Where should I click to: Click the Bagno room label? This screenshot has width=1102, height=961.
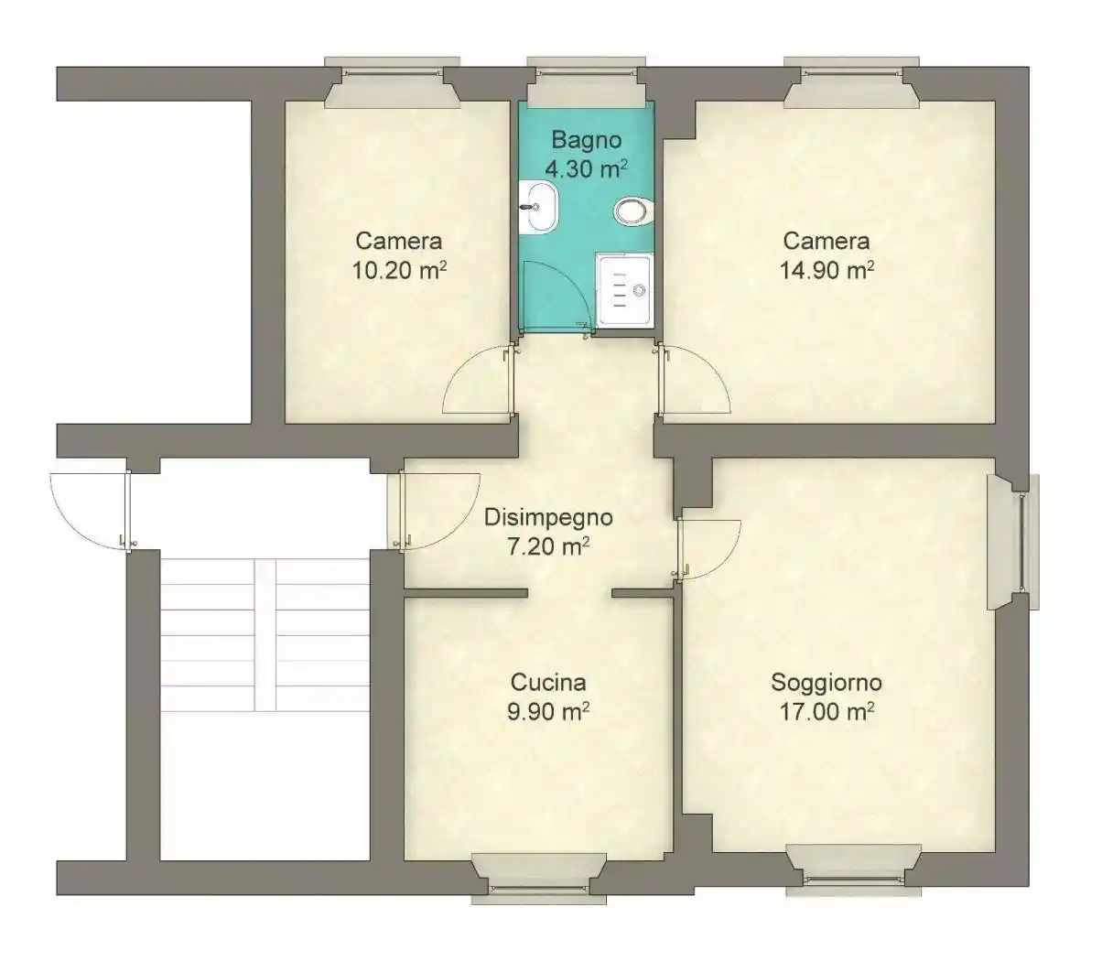click(x=586, y=140)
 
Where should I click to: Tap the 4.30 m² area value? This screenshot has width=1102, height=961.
click(x=586, y=169)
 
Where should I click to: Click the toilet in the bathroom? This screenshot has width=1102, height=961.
click(x=634, y=211)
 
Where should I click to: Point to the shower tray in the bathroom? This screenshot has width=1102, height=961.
click(x=625, y=290)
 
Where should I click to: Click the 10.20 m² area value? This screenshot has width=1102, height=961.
click(x=399, y=270)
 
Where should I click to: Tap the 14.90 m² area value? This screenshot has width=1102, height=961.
click(x=826, y=270)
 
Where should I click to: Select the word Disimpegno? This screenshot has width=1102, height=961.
click(x=548, y=518)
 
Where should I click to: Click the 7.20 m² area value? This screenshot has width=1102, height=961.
click(x=548, y=547)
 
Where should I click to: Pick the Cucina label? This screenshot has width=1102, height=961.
click(x=548, y=683)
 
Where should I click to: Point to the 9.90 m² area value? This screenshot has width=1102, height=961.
click(x=548, y=712)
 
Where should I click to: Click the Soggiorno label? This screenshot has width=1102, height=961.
click(x=826, y=683)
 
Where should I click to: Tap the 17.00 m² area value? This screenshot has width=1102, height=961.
click(x=826, y=712)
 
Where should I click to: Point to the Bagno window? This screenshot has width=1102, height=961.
click(x=586, y=80)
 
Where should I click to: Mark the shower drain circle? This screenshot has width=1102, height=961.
click(x=640, y=291)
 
